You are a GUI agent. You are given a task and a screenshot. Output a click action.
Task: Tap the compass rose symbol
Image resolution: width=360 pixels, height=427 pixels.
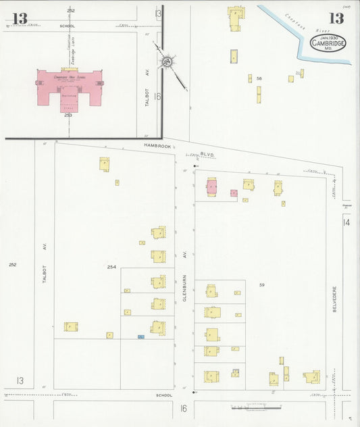[x=166, y=63]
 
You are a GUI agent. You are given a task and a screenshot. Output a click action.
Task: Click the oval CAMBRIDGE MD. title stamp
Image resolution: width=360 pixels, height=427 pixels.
[x=328, y=44]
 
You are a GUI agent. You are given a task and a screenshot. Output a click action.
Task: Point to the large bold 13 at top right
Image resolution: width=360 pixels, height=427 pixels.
[x=336, y=18]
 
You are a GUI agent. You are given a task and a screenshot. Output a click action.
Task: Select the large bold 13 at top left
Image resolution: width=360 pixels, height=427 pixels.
[x=20, y=18]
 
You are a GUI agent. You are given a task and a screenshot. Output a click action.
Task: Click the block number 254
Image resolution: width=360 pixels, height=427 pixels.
[x=112, y=267]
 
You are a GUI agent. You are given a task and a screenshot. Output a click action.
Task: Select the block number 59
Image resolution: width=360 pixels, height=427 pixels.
[x=261, y=285]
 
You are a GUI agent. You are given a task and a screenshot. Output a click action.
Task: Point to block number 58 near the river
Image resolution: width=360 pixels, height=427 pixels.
[x=259, y=79]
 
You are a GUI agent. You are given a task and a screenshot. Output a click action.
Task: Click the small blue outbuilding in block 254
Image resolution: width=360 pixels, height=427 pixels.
[x=140, y=336]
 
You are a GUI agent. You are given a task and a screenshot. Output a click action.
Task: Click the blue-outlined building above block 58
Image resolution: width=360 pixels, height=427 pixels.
[x=234, y=56]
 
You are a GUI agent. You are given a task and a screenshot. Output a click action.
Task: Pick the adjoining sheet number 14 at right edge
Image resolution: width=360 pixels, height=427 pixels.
[x=346, y=222]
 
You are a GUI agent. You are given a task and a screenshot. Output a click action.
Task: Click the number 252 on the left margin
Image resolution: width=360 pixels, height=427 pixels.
[x=12, y=264]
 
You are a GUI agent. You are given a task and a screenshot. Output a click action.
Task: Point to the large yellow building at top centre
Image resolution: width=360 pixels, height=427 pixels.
[x=236, y=18]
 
